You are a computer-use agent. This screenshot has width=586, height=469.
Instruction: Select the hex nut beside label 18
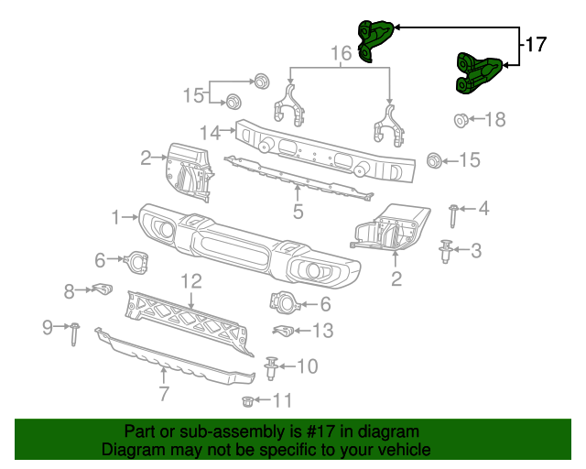pos(461,119)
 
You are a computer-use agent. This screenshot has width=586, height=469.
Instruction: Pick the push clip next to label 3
pos(446,250)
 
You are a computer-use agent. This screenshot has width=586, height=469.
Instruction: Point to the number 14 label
pos(211,133)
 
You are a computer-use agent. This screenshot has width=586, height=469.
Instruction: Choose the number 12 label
pos(190,280)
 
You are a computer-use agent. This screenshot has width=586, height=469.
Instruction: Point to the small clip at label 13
pos(285,330)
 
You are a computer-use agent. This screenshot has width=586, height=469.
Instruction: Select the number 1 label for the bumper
pos(116,217)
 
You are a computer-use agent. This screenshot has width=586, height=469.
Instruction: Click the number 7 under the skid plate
pos(164,395)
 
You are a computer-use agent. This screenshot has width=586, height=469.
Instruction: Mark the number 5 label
pos(298,213)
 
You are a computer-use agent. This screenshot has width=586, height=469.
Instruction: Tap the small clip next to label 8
pos(101,291)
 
